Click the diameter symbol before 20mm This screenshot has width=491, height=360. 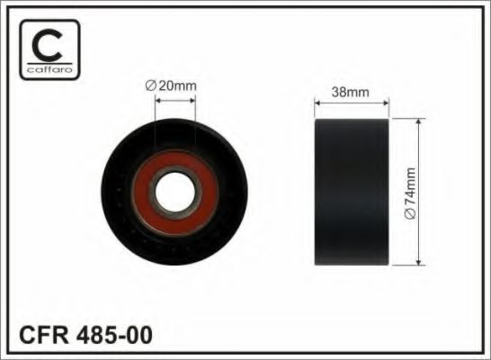click(150, 85)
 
